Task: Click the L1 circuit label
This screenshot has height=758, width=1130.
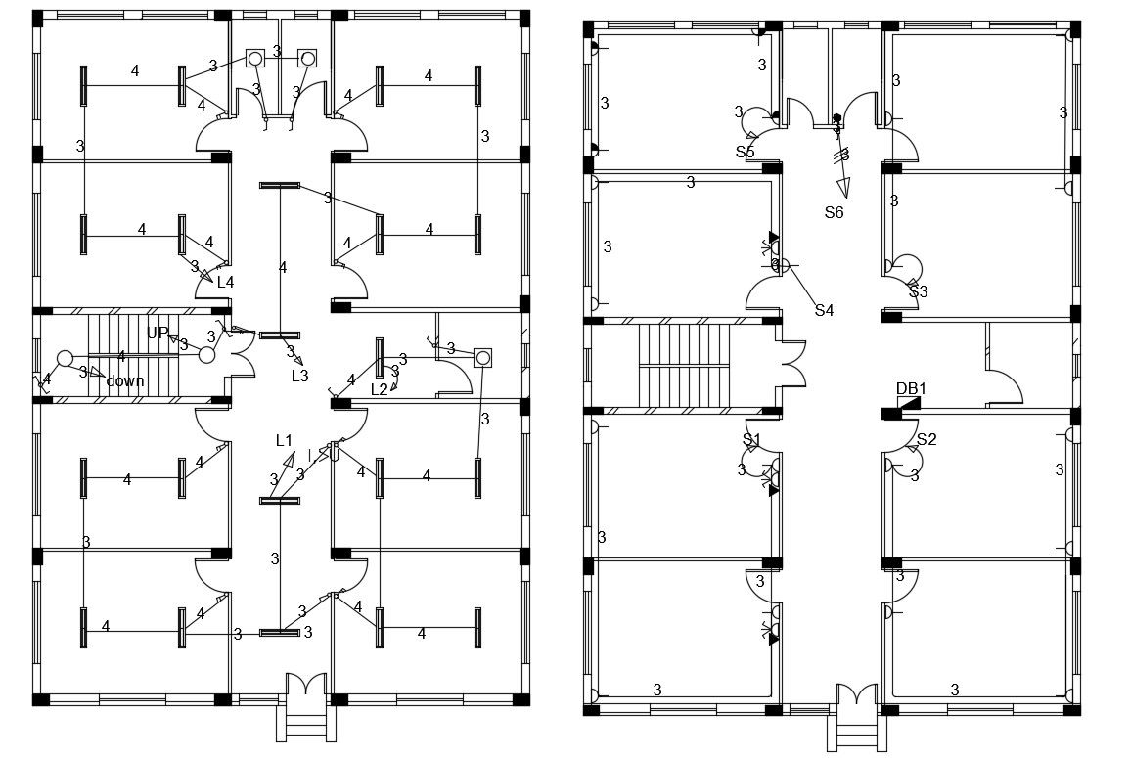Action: (x=284, y=441)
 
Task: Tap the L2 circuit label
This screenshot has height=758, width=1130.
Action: (x=380, y=389)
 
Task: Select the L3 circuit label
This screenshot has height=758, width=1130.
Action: (x=299, y=376)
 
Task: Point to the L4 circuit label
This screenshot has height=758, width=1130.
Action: (x=225, y=282)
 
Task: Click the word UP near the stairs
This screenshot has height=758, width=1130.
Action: (x=158, y=333)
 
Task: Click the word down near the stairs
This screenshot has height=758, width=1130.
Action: (x=125, y=380)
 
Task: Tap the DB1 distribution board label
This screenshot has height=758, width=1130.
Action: (x=911, y=388)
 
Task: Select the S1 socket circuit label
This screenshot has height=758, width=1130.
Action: (x=751, y=439)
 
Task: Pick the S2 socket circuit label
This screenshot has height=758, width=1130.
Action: (x=927, y=439)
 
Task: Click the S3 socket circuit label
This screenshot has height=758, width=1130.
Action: (x=918, y=291)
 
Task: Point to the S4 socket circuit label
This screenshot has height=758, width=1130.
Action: (x=824, y=310)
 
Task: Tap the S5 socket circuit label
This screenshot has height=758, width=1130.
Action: (x=746, y=152)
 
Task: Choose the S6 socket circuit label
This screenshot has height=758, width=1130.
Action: (x=834, y=212)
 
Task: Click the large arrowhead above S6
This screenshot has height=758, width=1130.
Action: (x=842, y=188)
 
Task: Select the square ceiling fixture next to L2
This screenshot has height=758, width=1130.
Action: (x=481, y=358)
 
